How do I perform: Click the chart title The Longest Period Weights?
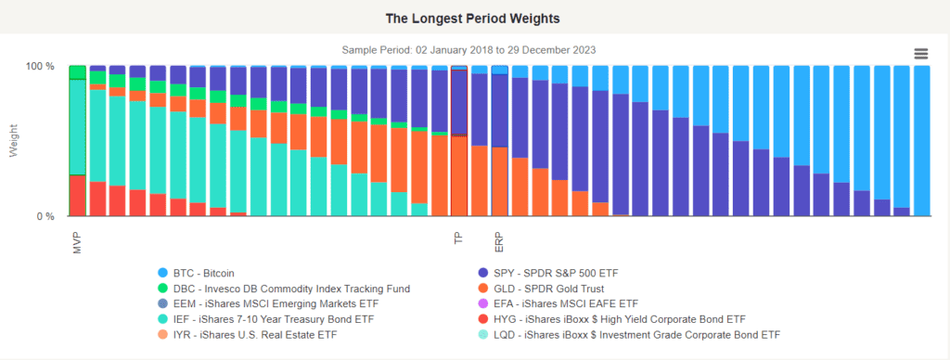[x=472, y=19]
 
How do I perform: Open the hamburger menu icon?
[x=920, y=54]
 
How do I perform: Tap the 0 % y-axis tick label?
[x=46, y=216]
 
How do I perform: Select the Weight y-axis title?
[x=13, y=141]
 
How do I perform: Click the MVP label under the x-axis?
[x=77, y=241]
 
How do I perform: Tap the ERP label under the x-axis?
[x=499, y=240]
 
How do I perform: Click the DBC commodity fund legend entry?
[x=283, y=289]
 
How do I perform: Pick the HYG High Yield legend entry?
[x=611, y=319]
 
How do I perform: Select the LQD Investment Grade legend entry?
[x=629, y=335]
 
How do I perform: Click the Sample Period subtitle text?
[x=469, y=50]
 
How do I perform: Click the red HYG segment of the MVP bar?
[x=77, y=195]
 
